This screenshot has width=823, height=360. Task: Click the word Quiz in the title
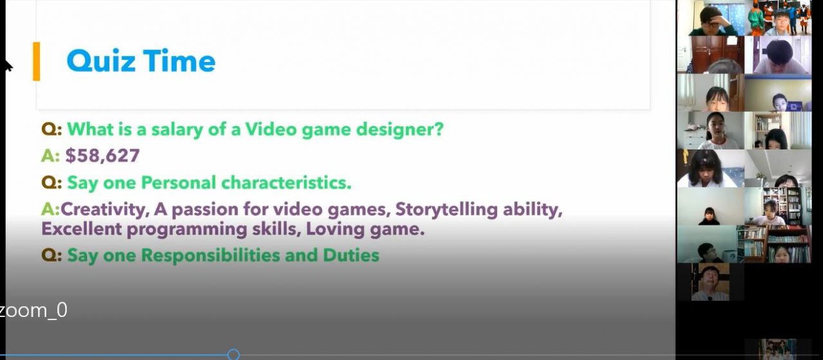point(101,61)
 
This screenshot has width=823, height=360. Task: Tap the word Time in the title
point(179,60)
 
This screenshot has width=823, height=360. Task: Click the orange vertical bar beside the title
point(37,61)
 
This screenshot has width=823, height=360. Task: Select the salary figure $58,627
point(102,156)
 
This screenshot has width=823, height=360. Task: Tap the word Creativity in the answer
point(105,210)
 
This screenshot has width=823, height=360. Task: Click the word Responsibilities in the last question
point(210,255)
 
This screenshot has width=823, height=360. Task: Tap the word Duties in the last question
point(351,255)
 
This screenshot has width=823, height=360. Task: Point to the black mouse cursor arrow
point(8,65)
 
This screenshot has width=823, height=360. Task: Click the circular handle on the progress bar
point(233,355)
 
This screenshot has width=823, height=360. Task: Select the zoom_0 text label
point(33,310)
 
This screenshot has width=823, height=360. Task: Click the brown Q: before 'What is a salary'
point(51,130)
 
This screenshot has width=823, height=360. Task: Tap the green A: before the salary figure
point(50,156)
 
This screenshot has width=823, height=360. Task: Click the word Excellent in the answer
point(81,229)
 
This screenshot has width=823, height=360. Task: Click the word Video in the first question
point(271,129)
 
